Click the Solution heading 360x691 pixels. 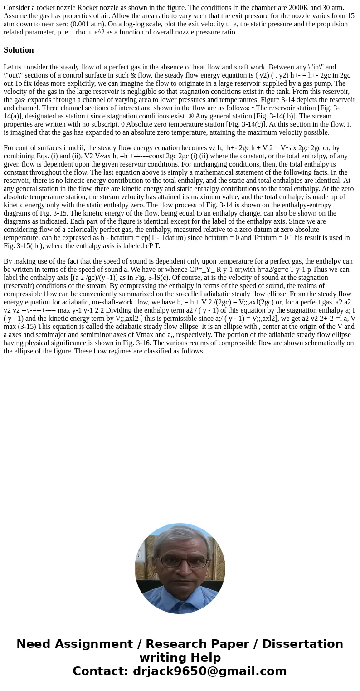19,50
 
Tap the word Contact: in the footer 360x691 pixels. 101,671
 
